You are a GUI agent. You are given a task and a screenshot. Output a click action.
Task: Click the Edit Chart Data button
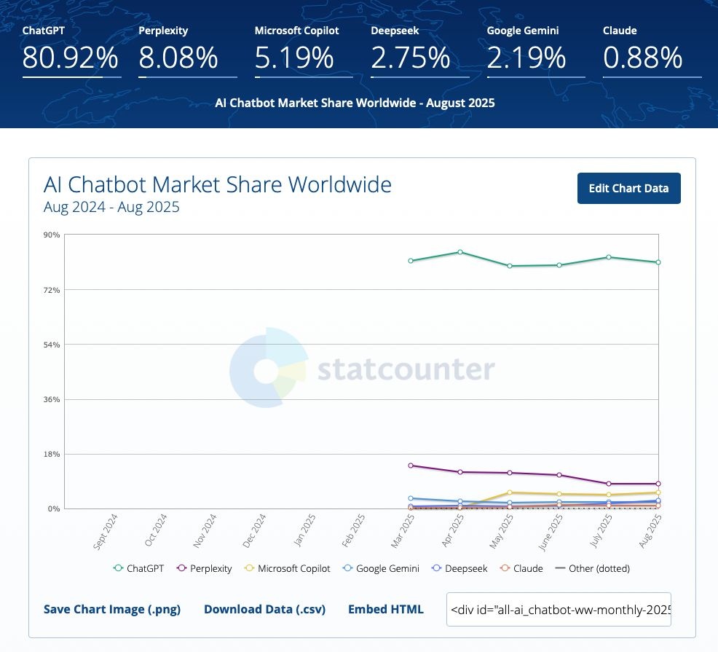tap(628, 188)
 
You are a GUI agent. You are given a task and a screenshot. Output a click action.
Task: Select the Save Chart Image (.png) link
tap(112, 609)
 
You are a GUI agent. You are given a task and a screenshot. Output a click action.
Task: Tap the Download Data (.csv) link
tap(264, 609)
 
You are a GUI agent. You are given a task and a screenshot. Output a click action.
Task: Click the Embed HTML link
tap(385, 609)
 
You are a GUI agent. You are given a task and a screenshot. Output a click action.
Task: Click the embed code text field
tap(559, 609)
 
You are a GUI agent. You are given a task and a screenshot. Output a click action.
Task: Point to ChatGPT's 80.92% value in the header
tap(71, 58)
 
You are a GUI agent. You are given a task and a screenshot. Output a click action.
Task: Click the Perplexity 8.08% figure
tap(178, 58)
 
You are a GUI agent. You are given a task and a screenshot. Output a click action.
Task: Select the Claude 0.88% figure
tap(642, 58)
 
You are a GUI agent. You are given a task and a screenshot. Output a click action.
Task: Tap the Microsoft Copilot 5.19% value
tap(294, 58)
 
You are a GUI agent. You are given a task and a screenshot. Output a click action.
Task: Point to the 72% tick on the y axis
tap(52, 290)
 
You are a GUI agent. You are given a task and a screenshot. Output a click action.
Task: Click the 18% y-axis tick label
tap(52, 454)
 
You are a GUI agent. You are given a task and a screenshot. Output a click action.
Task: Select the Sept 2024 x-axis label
tap(106, 531)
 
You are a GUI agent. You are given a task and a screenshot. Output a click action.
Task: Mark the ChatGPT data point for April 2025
tap(460, 252)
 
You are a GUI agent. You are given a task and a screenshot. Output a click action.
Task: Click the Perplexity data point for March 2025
tap(411, 465)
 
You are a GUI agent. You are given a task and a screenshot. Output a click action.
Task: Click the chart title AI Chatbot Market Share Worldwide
tap(217, 184)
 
